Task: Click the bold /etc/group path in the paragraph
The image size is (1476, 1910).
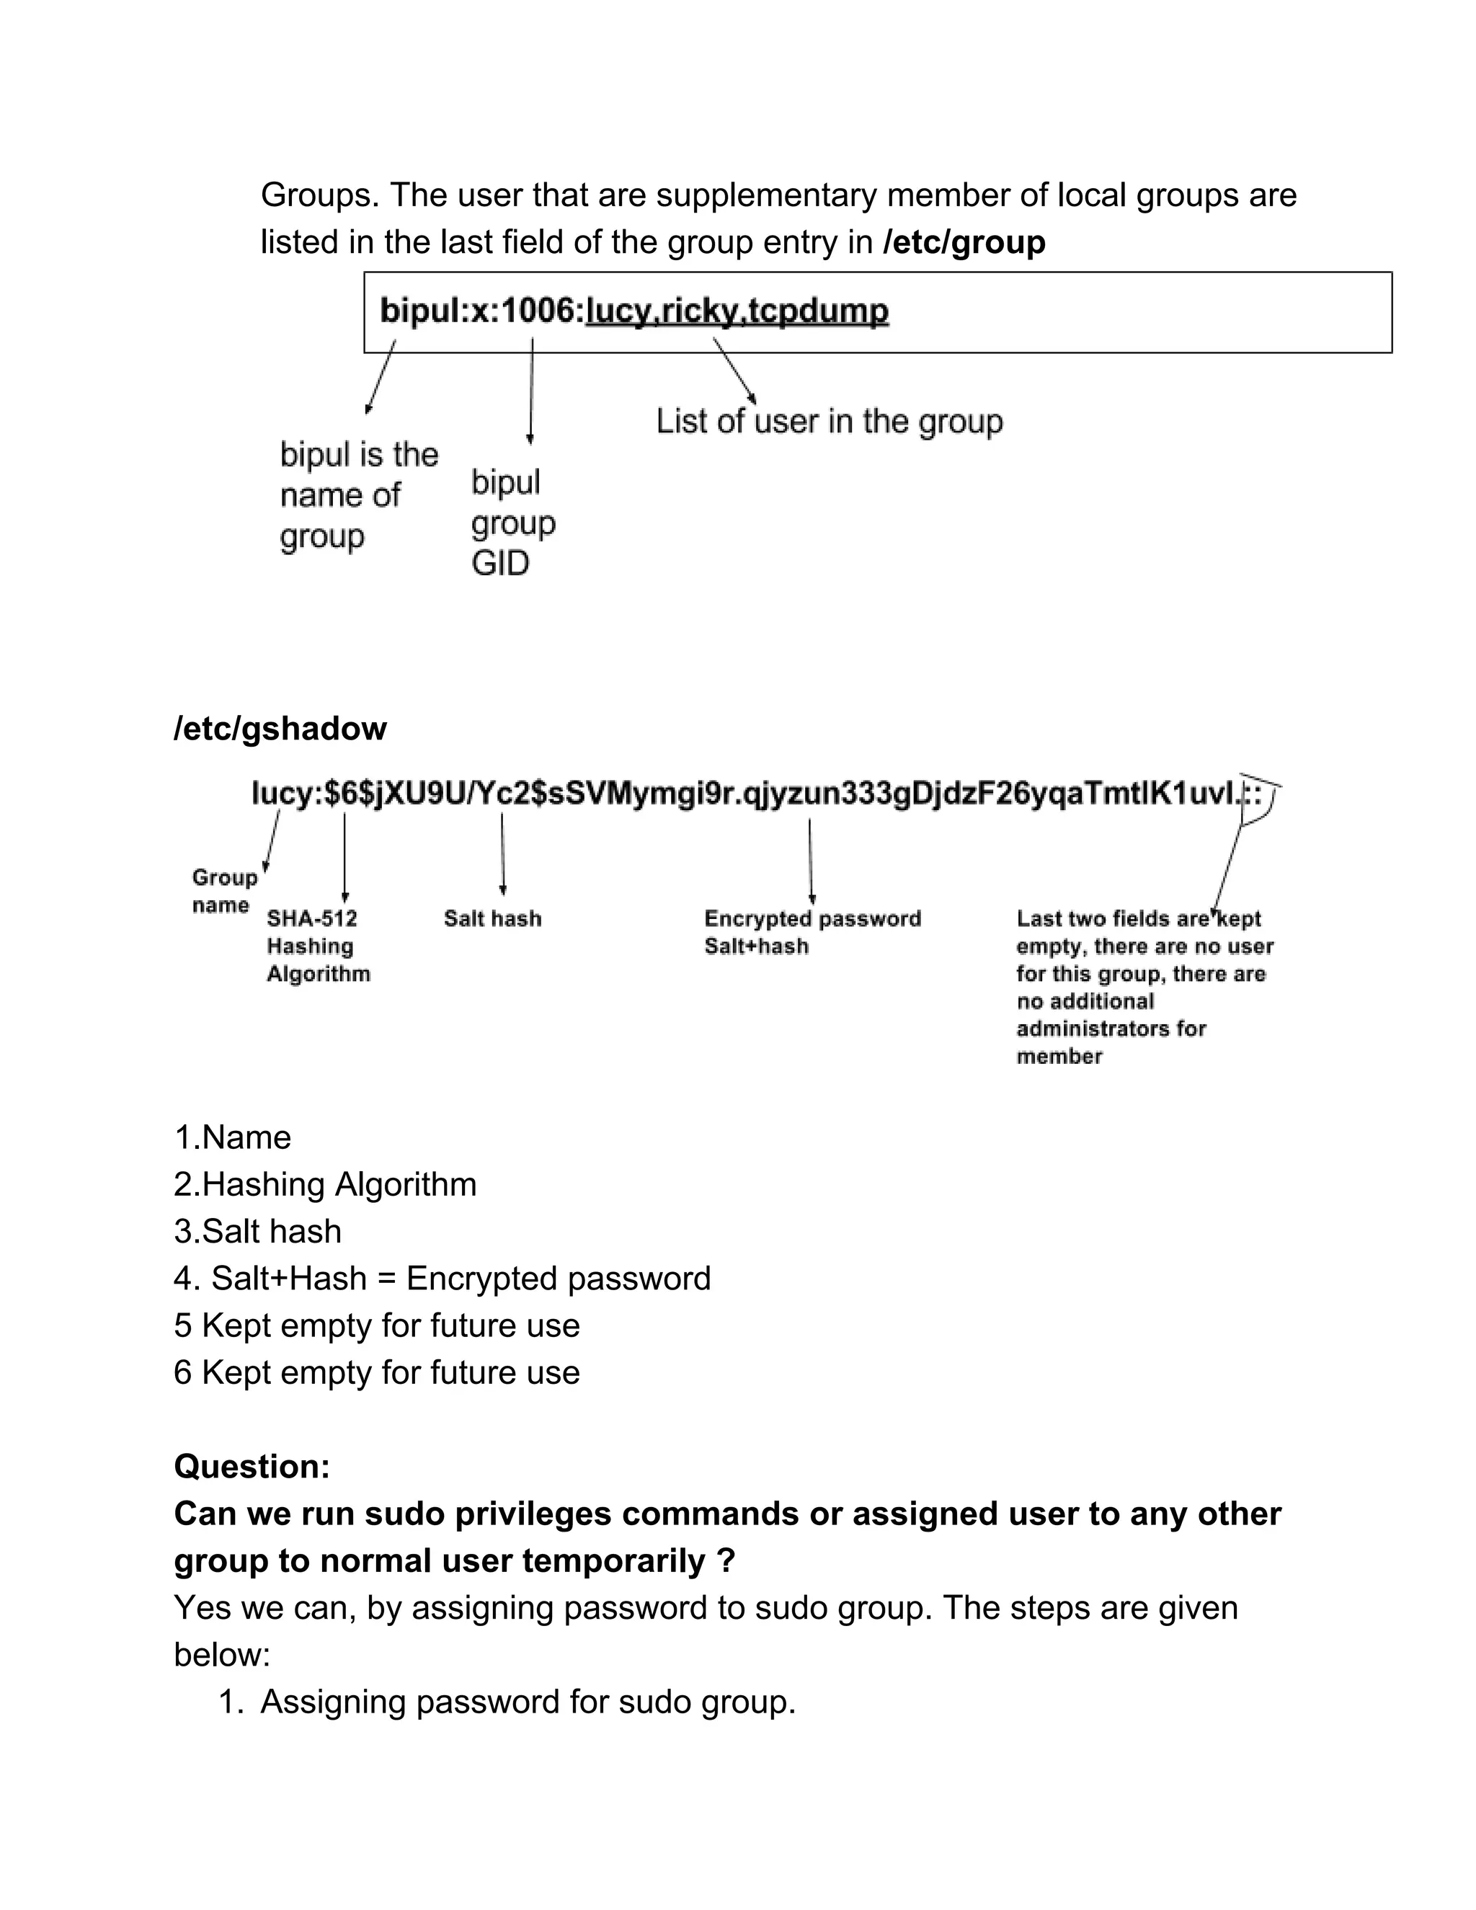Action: tap(964, 242)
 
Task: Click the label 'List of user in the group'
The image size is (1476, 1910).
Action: tap(829, 422)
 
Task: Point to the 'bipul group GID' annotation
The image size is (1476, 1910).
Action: tap(512, 522)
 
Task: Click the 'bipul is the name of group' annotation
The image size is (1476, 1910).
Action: tap(358, 495)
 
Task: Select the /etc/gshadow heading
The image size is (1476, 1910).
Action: tap(280, 729)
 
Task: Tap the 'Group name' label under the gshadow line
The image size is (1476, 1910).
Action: tap(224, 890)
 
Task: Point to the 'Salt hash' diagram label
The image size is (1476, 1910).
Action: tap(492, 918)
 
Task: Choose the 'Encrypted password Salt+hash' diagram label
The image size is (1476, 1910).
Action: tap(812, 931)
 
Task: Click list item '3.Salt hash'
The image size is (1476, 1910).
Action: tap(257, 1231)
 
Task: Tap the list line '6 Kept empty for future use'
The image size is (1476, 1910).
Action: tap(376, 1372)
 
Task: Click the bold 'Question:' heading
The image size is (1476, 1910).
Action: tap(252, 1467)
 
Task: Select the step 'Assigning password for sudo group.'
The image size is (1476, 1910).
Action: tap(528, 1702)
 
